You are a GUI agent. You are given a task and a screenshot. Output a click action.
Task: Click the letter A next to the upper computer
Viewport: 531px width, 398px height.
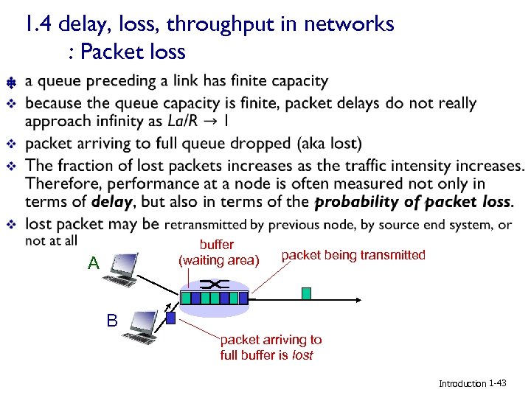click(x=93, y=263)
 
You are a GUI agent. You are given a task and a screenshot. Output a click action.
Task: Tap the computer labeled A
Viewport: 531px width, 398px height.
click(x=121, y=269)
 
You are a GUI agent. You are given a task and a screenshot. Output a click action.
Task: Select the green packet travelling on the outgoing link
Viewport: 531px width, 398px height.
click(x=306, y=293)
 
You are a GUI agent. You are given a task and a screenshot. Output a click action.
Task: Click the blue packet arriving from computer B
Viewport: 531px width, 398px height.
click(x=171, y=318)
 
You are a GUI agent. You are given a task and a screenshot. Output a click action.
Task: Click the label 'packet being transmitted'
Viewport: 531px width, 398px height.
click(x=353, y=255)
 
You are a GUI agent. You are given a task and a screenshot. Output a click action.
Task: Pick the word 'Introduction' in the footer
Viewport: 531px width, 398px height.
click(x=462, y=383)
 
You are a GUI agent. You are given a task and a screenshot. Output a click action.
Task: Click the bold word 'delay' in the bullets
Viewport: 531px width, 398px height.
click(x=112, y=201)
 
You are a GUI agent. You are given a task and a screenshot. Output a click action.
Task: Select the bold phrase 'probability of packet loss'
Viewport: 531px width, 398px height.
click(x=412, y=201)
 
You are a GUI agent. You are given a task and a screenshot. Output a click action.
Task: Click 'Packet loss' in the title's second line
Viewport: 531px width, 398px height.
click(x=133, y=52)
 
